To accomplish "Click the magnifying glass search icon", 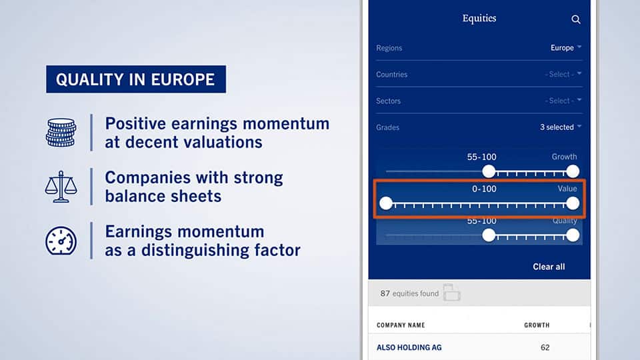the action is (576, 19).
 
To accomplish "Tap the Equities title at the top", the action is (479, 19).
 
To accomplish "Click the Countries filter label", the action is (392, 74).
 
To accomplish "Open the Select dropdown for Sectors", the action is (563, 101).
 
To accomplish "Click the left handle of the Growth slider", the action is (489, 171).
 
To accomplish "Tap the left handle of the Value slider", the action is (386, 203).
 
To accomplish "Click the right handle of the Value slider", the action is (573, 203).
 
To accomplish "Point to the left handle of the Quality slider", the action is (489, 235).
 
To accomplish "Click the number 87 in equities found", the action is (385, 293).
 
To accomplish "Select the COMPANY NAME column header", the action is (401, 325).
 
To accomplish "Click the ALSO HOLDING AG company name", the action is (409, 348).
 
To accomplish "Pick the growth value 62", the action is (545, 348).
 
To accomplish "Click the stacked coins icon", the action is (61, 132).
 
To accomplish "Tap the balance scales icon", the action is (61, 187).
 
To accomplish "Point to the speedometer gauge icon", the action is (61, 241).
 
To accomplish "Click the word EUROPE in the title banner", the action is (183, 79).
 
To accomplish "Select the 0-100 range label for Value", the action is (484, 189).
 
